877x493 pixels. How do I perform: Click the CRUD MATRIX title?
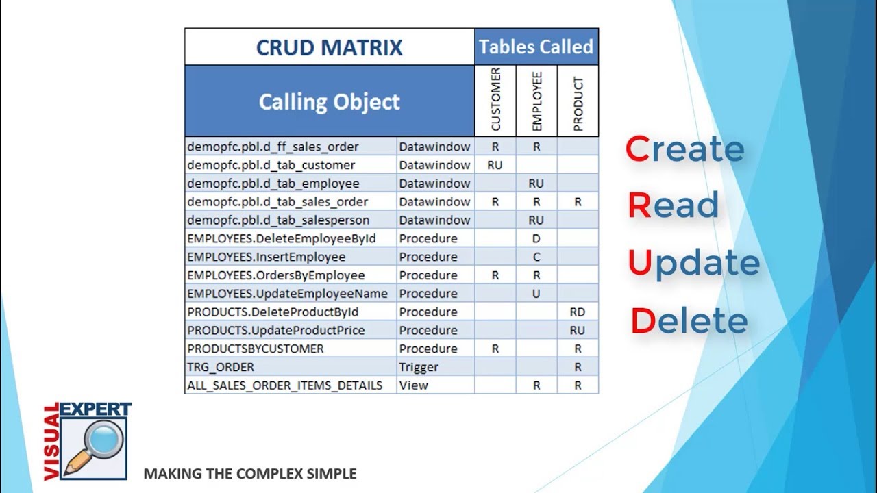pos(329,47)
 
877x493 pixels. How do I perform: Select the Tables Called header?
pos(536,47)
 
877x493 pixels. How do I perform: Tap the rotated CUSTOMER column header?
pos(495,100)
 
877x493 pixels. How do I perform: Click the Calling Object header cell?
pos(329,102)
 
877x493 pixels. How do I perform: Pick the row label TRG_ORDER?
pos(220,367)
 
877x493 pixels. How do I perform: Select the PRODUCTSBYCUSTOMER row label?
pos(255,349)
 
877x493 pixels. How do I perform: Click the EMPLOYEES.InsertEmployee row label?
pos(266,257)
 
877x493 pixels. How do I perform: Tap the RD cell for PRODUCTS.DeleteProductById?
pos(578,312)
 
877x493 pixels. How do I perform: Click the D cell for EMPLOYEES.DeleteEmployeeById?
pos(536,238)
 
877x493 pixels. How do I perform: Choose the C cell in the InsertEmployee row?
pos(536,257)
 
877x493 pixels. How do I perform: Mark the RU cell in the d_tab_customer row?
pos(495,165)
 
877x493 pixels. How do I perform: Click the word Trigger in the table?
pos(419,367)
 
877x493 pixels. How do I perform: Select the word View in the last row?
pos(413,385)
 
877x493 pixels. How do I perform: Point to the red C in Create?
pos(637,149)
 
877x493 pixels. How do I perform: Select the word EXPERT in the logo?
pos(95,409)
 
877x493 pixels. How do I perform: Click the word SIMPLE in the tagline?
pos(332,474)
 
